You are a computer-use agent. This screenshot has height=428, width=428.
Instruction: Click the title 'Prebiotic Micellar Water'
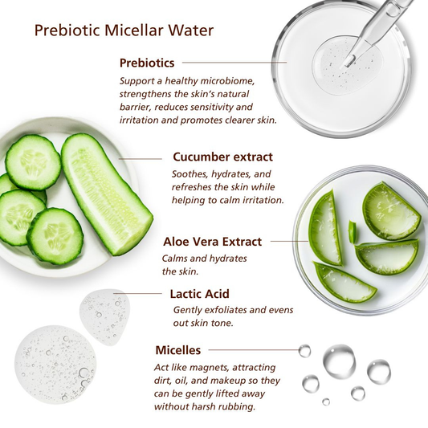click(x=124, y=31)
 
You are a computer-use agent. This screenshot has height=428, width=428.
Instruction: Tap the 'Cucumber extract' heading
click(x=222, y=157)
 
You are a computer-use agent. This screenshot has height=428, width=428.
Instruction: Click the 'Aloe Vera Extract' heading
click(x=212, y=241)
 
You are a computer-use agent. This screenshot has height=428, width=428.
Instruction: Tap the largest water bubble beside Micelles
click(x=339, y=361)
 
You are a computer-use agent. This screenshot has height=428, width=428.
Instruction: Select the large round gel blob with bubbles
click(x=54, y=364)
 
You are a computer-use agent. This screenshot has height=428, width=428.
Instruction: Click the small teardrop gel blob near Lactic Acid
click(x=104, y=315)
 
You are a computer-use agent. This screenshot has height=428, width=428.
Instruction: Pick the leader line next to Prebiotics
click(x=233, y=62)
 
